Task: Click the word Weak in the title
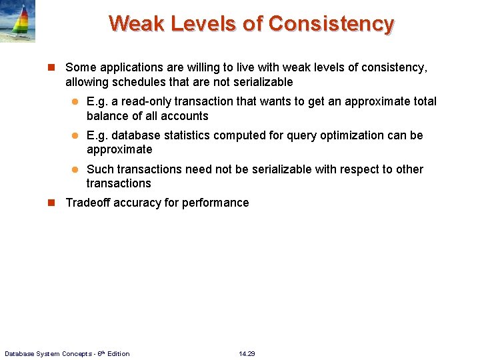click(137, 23)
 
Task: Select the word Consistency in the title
click(331, 23)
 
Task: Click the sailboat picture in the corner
click(18, 21)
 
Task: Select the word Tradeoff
click(89, 203)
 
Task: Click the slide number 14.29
click(247, 353)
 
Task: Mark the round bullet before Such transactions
click(75, 169)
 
